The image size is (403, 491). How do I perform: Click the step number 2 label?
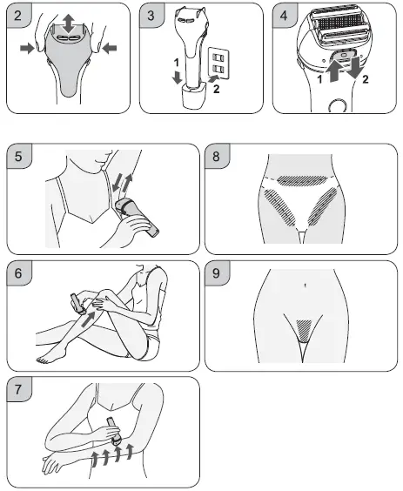click(17, 16)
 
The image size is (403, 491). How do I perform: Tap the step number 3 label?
click(151, 16)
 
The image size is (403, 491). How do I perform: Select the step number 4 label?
click(284, 16)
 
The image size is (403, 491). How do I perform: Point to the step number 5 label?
click(18, 156)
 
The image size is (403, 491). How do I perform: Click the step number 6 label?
click(18, 273)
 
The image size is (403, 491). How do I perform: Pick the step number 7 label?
click(18, 389)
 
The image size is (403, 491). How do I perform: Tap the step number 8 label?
click(216, 156)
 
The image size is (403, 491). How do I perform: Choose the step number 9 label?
click(216, 273)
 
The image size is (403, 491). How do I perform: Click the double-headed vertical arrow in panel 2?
click(68, 24)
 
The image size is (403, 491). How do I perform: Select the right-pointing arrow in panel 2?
click(27, 49)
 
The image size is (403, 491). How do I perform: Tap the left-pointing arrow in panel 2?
click(110, 49)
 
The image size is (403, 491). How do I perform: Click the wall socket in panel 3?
click(218, 63)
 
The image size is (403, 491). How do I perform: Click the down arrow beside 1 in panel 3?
click(178, 77)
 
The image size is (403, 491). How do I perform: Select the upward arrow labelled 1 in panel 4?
click(334, 71)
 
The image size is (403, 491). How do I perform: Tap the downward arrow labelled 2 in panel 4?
click(355, 67)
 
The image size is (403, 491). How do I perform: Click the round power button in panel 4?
click(338, 106)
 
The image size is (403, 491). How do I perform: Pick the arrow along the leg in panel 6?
click(88, 319)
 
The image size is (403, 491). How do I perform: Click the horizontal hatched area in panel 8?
click(302, 180)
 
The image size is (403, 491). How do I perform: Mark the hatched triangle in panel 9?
click(305, 330)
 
